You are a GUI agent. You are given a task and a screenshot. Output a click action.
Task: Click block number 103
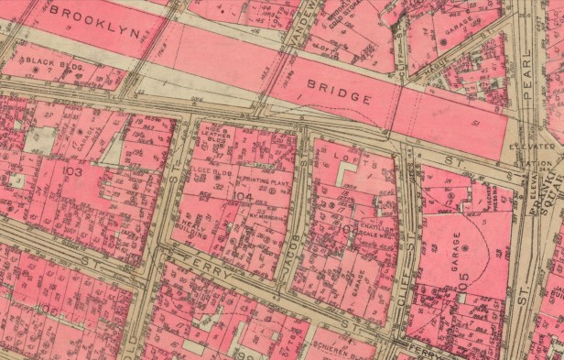click(x=74, y=170)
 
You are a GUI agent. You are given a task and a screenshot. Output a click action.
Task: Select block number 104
click(x=242, y=196)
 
